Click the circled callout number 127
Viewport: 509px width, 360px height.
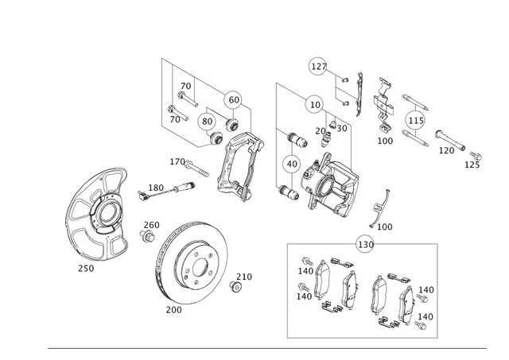(319, 67)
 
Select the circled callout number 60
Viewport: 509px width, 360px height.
(234, 100)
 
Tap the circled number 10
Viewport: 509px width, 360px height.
(315, 105)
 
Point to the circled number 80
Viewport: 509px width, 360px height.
(207, 122)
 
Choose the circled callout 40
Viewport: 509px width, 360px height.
(292, 165)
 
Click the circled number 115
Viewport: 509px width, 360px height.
(415, 121)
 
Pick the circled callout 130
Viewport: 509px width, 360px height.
(366, 245)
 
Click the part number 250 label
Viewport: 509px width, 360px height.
(86, 269)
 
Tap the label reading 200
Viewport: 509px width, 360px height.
(173, 310)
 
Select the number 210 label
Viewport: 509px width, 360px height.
(244, 277)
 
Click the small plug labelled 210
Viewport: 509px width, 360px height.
(235, 287)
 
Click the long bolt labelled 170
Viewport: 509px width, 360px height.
(196, 169)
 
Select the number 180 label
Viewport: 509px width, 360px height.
(156, 188)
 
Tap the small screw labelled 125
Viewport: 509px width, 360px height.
(476, 156)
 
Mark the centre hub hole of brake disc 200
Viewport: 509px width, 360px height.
(200, 268)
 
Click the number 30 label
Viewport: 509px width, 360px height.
(342, 129)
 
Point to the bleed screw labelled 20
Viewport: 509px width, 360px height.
(325, 140)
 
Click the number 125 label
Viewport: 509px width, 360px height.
(472, 165)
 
